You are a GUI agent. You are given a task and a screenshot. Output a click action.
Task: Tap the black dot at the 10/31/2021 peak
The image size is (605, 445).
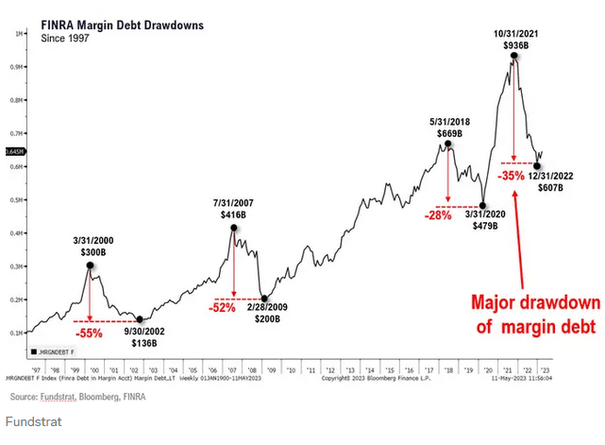[x=513, y=56]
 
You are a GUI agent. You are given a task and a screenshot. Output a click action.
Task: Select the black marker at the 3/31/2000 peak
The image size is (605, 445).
[x=90, y=265]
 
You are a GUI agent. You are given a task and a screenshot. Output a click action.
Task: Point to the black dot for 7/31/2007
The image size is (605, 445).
[x=232, y=228]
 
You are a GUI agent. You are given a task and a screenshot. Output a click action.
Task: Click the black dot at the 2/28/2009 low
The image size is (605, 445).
[x=264, y=298]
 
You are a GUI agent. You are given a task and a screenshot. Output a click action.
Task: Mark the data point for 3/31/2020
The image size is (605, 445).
[x=482, y=205]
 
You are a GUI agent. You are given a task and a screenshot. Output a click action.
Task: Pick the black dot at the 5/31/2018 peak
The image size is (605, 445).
[x=447, y=145]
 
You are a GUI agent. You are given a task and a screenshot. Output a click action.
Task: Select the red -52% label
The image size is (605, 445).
[x=224, y=307]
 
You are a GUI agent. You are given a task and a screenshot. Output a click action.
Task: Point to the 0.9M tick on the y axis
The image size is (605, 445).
[x=20, y=67]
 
